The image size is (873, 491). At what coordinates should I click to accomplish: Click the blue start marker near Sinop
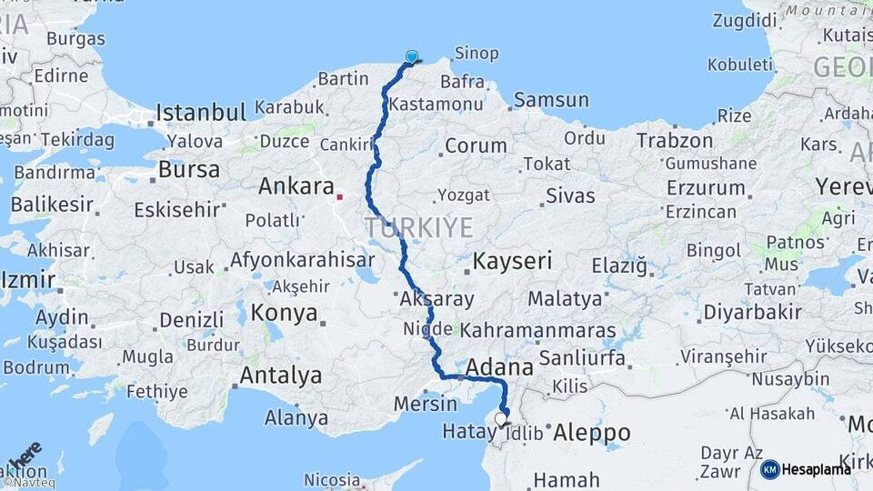coord(412,56)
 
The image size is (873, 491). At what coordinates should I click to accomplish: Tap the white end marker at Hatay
coord(501,419)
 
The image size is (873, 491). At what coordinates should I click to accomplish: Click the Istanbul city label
coord(201,113)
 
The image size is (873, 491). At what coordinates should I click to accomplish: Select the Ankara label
coord(296,186)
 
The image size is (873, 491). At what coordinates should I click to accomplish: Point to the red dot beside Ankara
coord(340,195)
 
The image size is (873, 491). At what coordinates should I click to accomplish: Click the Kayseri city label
coord(512,262)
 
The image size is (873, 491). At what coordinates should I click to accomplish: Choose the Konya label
coord(284,314)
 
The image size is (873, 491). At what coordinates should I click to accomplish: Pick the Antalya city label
coord(281,376)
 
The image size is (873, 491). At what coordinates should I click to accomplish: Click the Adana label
coord(500,368)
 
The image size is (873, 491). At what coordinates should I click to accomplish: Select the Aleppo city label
coord(591,433)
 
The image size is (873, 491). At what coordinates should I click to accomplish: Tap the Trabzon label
coord(675,141)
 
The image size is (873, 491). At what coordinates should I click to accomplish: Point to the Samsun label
coord(551,100)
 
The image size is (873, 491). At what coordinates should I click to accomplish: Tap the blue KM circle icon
coord(770,469)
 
